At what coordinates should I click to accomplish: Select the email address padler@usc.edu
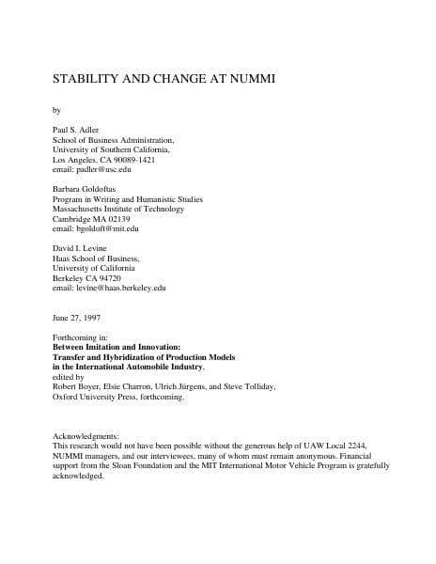click(x=92, y=170)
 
